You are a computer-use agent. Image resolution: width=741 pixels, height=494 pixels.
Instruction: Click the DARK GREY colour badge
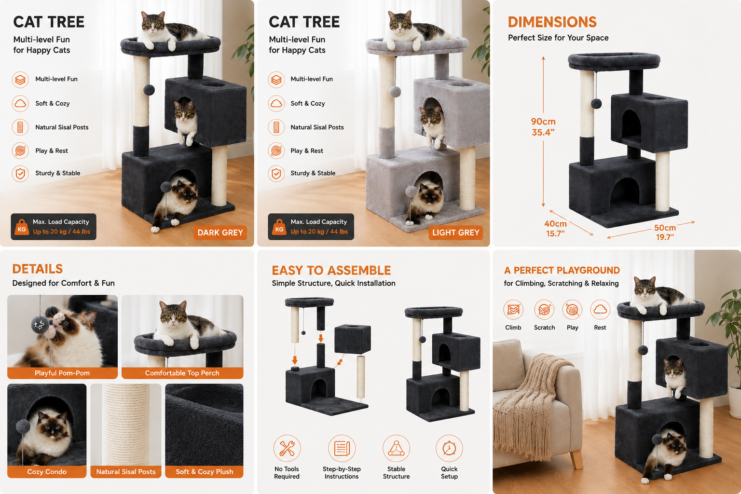220,233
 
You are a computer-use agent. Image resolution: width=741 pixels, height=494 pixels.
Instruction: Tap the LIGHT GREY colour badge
455,233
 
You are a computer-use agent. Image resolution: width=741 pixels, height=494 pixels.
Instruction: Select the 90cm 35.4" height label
543,127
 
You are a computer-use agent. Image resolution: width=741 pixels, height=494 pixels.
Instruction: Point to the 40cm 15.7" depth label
555,229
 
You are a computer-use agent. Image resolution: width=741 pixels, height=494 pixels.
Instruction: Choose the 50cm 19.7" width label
665,232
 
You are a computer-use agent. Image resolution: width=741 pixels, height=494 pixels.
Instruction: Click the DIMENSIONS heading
552,22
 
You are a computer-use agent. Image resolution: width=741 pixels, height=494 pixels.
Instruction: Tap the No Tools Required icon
287,448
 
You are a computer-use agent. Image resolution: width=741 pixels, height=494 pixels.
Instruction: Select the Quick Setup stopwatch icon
449,448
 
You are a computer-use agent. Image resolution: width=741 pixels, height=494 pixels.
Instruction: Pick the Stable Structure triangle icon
396,448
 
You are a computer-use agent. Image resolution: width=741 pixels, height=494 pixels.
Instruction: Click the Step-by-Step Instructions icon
342,448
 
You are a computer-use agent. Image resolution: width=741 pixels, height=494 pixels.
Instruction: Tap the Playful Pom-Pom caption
62,373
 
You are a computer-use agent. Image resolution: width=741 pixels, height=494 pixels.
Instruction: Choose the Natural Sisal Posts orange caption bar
126,471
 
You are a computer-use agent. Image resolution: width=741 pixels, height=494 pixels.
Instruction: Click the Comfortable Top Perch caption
182,373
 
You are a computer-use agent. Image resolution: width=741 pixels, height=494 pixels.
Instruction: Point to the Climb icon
513,310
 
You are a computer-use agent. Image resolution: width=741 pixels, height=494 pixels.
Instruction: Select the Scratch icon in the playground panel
544,310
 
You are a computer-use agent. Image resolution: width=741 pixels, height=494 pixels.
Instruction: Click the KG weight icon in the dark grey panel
22,227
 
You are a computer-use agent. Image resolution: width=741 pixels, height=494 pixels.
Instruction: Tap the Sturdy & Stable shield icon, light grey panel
276,173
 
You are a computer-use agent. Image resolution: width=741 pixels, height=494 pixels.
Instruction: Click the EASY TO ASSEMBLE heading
331,271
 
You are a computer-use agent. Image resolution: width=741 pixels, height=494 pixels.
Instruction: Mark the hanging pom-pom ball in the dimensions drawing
596,104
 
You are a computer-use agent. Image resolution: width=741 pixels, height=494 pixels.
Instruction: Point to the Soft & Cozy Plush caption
205,471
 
